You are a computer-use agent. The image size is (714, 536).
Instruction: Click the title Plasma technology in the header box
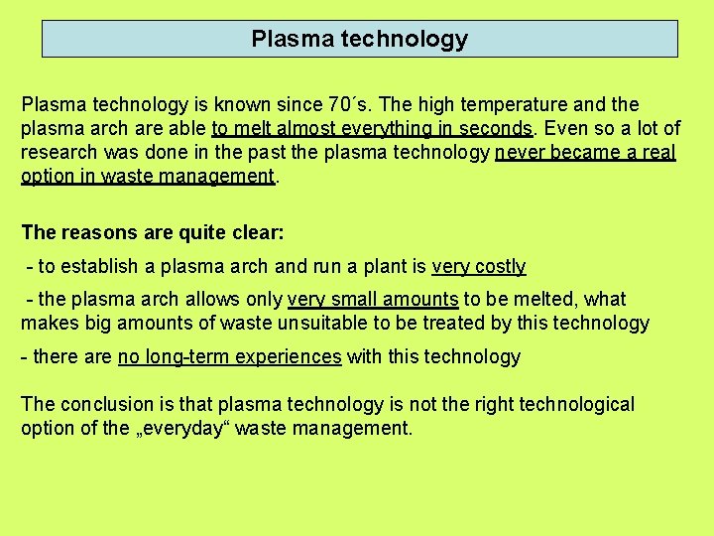359,40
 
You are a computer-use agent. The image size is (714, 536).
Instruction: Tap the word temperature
496,104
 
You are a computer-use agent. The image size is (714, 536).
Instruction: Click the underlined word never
522,153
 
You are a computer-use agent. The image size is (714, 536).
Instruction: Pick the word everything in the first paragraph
382,128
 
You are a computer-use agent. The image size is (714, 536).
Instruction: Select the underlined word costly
500,266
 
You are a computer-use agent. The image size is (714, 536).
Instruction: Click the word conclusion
109,404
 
